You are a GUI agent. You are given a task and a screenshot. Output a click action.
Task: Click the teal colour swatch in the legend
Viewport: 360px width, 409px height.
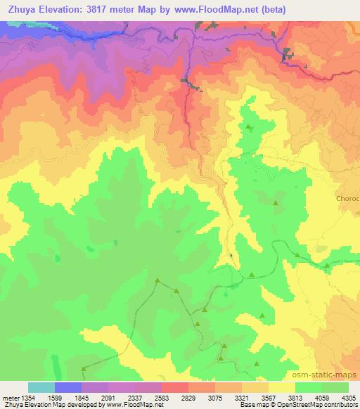click(x=41, y=387)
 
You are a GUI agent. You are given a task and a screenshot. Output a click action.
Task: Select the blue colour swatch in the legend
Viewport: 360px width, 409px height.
click(x=68, y=387)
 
